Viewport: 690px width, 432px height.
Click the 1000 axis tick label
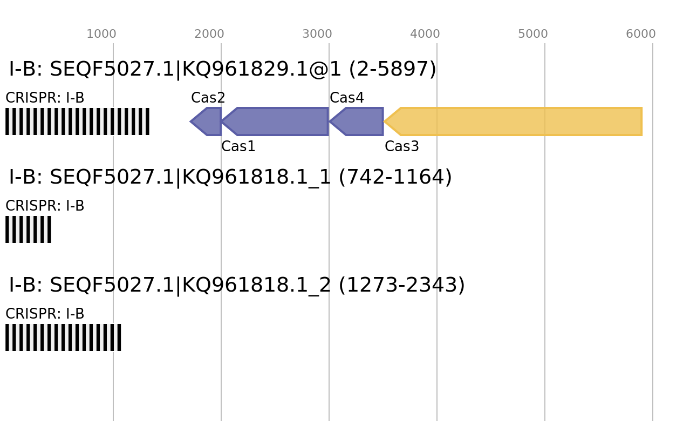click(101, 34)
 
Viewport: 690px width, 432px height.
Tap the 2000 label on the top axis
click(209, 34)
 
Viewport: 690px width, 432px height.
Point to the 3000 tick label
click(317, 34)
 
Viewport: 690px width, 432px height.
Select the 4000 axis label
click(425, 34)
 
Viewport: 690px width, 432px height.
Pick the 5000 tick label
click(533, 34)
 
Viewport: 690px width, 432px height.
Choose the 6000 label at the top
click(641, 34)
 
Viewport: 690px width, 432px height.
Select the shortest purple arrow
click(208, 122)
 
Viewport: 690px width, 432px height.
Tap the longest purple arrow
click(278, 122)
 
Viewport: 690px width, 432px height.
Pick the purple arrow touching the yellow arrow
click(359, 122)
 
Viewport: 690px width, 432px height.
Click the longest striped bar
click(77, 122)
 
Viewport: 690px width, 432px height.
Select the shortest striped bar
click(28, 230)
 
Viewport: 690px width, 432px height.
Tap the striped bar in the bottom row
click(63, 337)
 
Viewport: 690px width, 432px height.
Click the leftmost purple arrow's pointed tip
click(190, 122)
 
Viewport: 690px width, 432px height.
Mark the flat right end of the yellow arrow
click(642, 122)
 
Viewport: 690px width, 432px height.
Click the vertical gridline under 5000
click(545, 270)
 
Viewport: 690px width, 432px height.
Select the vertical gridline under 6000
click(653, 270)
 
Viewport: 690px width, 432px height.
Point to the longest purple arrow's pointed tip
click(222, 122)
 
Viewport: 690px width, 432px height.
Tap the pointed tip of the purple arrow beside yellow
click(330, 122)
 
